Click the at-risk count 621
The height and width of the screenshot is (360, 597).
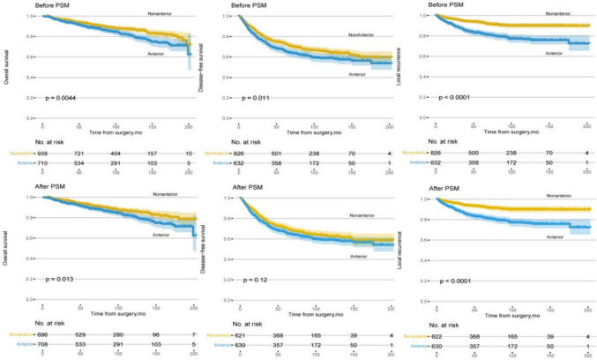pos(239,337)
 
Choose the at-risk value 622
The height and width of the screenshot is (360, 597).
pos(437,337)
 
